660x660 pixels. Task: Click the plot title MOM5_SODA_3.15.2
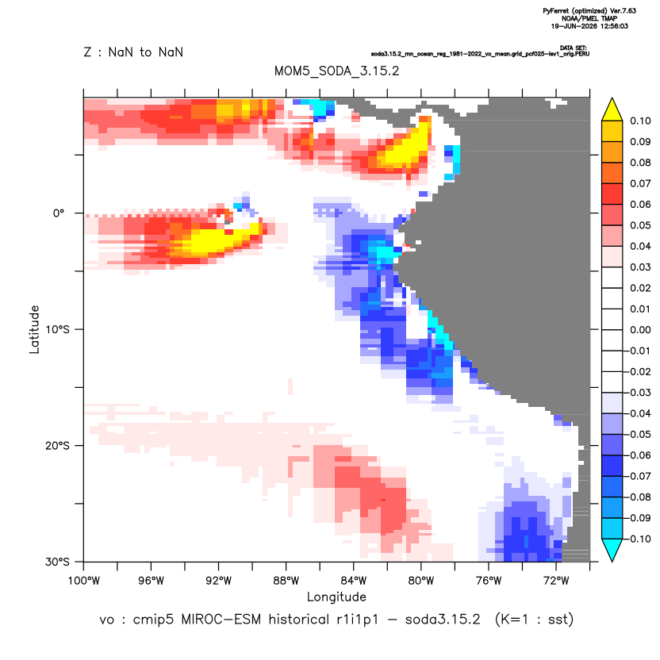click(336, 71)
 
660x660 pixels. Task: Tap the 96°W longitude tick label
click(151, 581)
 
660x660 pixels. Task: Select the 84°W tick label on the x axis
click(354, 581)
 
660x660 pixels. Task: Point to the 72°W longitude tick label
click(556, 581)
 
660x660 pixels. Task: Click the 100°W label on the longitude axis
click(84, 581)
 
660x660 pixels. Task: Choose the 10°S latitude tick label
click(58, 329)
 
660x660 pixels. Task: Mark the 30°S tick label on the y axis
click(58, 562)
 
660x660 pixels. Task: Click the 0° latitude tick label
click(59, 213)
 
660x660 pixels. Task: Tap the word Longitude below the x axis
click(336, 597)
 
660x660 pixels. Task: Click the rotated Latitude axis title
click(34, 329)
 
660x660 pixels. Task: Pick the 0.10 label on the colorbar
click(640, 121)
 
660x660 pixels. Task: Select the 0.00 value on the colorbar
click(640, 329)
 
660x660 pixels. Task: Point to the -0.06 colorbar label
click(639, 455)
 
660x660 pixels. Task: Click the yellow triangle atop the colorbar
click(612, 111)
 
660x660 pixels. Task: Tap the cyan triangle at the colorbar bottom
click(612, 549)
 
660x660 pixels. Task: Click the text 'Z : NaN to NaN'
click(133, 52)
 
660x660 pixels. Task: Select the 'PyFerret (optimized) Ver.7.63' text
click(589, 11)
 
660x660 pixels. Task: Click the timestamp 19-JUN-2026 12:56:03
click(589, 26)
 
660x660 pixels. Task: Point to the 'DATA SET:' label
click(574, 48)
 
